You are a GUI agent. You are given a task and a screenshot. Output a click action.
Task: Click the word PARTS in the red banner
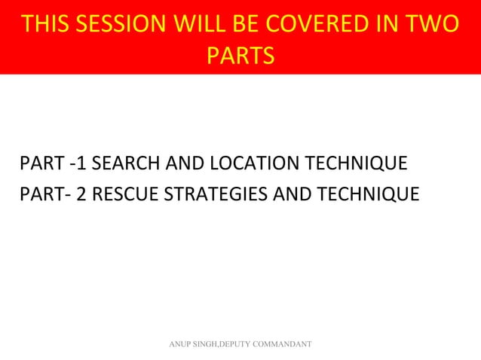[240, 56]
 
